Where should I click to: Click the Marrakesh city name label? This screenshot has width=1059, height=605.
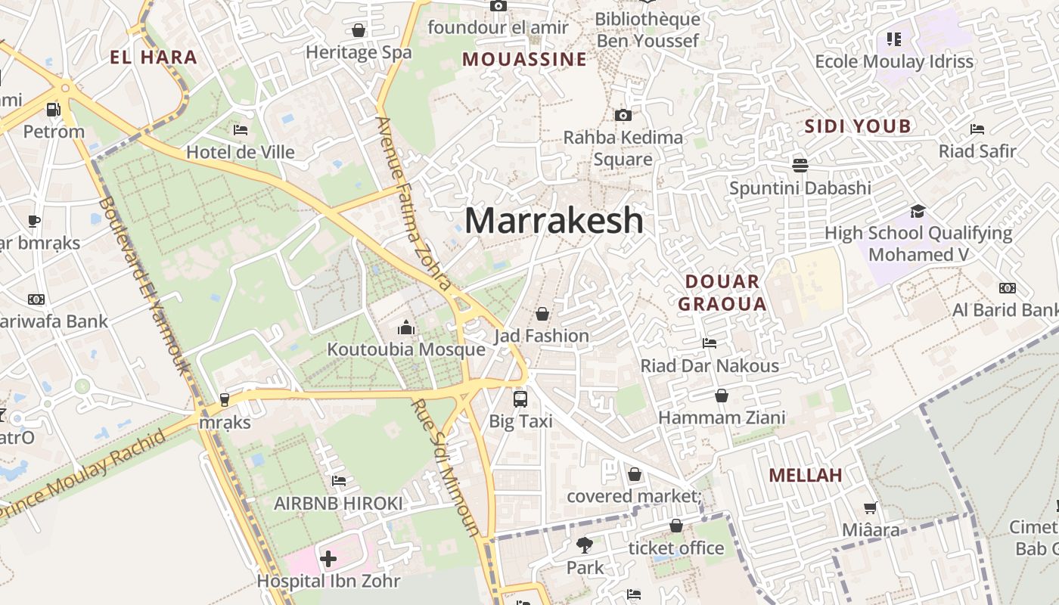coord(554,220)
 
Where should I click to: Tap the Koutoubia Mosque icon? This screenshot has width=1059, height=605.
coord(406,327)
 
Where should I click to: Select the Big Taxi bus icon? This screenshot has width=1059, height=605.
coord(520,399)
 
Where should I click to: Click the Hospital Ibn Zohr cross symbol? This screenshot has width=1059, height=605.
coord(328,559)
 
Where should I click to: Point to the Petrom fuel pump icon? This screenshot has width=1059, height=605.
coord(53,110)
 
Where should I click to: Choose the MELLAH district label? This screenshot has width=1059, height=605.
coord(806,475)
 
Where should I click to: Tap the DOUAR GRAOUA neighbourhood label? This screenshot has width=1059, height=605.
coord(722,293)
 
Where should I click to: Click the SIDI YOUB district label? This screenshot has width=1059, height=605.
coord(858,126)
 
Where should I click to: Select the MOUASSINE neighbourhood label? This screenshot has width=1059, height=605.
coord(524,59)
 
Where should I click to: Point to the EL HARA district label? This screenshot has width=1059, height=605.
coord(154,57)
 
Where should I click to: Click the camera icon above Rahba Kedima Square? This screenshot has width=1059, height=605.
coord(623,115)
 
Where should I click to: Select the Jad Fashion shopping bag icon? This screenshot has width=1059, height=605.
coord(542,313)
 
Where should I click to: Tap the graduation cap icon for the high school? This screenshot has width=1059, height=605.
coord(918,210)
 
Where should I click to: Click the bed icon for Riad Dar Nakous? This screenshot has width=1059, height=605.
coord(710,343)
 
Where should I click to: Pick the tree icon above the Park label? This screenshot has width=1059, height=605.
coord(584,544)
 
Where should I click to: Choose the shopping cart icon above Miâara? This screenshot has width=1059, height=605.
coord(871,507)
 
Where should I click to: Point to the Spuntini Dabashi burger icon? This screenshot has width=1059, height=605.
coord(800,165)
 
